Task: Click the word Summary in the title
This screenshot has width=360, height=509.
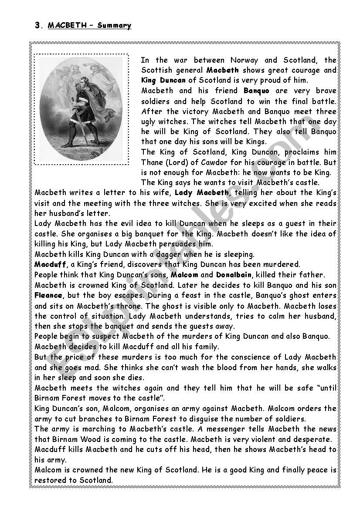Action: (114, 26)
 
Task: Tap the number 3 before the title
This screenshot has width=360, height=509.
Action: (37, 26)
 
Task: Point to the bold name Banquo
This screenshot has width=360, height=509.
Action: (256, 91)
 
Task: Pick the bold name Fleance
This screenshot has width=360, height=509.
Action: (48, 295)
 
